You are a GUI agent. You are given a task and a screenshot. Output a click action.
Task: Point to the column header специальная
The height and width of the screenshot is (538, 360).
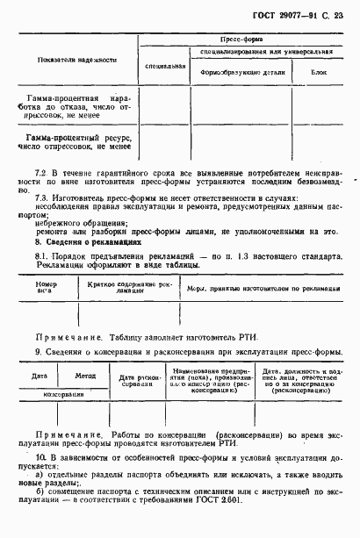[x=165, y=64]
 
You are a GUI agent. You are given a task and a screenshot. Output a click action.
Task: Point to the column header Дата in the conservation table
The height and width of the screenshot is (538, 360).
[x=39, y=375]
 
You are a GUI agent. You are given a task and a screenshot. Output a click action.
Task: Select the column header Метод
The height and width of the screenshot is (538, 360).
[x=84, y=375]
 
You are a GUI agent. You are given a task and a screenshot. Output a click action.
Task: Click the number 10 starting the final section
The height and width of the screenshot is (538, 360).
[x=40, y=460]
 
